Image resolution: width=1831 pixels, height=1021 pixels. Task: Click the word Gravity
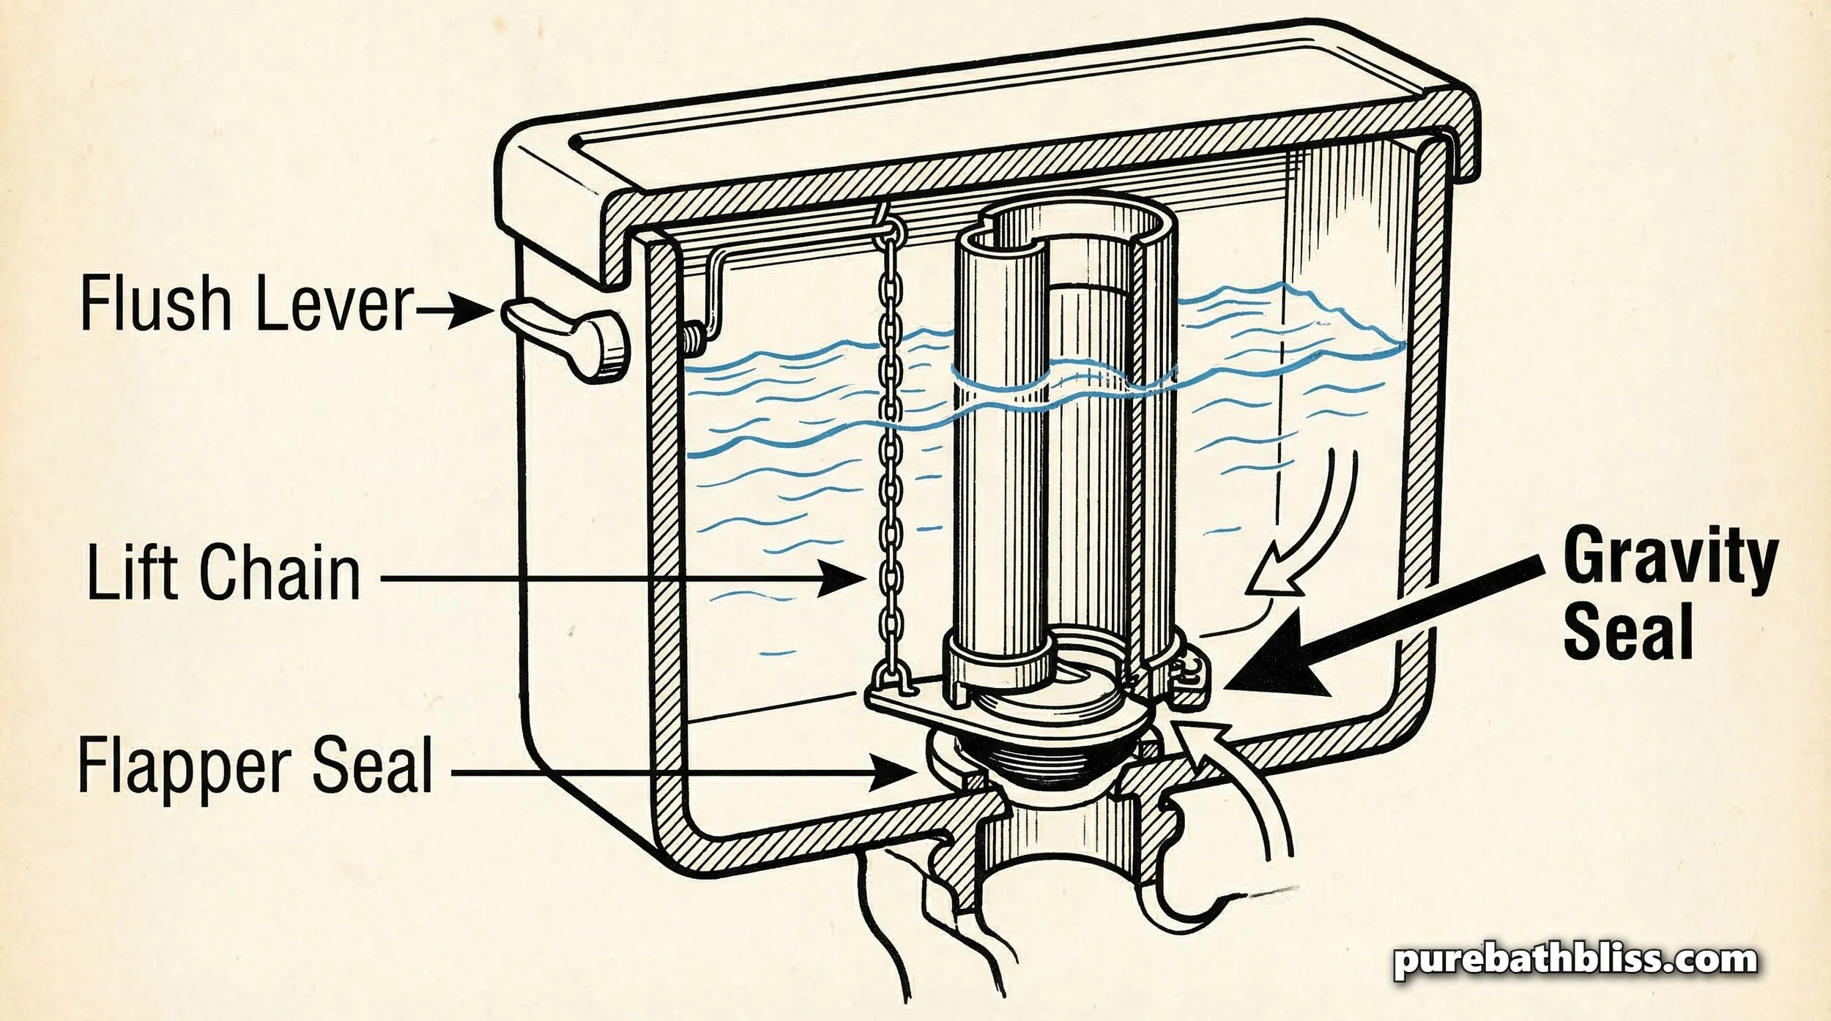tap(1670, 559)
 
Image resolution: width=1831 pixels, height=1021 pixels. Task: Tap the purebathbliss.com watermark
tap(1575, 960)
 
